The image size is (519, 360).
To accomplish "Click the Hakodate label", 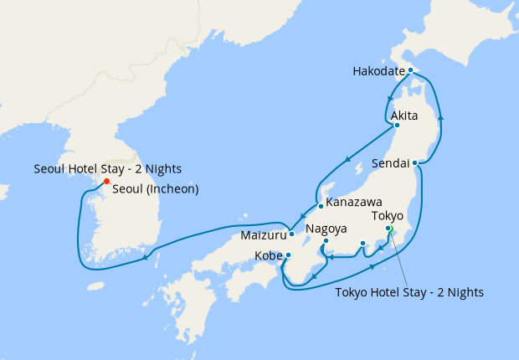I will point(380,71).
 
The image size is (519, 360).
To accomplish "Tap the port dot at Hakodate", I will point(410,70).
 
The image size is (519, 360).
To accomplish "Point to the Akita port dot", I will point(397,126).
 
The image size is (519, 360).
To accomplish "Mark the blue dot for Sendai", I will point(415,162).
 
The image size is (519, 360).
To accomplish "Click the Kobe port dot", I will point(288,255).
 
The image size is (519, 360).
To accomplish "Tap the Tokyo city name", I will point(388,215).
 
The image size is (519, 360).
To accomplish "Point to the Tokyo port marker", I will point(388,229).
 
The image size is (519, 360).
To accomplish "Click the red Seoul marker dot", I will point(105,181).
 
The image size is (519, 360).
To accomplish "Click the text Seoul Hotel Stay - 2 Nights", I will point(108,169).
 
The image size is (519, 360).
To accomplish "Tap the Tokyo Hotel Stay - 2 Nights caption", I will point(409,292).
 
